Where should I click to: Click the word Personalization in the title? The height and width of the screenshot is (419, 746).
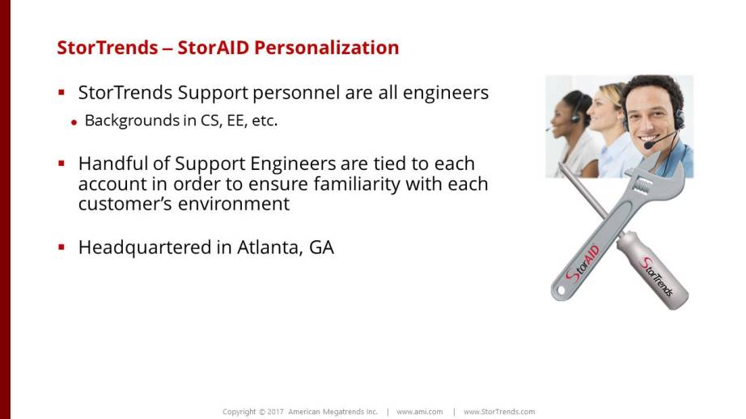click(326, 48)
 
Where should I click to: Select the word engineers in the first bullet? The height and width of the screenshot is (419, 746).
click(446, 93)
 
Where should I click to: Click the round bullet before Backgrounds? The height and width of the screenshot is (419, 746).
click(74, 122)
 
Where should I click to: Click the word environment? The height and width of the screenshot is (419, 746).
click(234, 204)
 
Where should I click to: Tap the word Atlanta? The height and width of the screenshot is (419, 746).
click(269, 248)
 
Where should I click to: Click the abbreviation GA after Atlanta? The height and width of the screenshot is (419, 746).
click(321, 248)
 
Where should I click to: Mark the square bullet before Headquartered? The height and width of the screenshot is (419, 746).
click(61, 247)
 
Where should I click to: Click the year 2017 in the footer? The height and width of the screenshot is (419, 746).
click(275, 412)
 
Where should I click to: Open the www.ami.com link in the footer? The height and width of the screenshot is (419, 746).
click(420, 412)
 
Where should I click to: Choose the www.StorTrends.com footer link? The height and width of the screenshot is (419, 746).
click(499, 412)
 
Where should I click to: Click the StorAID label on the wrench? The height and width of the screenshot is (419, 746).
click(582, 265)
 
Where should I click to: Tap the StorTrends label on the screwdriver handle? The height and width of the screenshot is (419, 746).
click(657, 277)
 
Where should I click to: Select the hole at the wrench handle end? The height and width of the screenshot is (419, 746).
click(561, 290)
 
